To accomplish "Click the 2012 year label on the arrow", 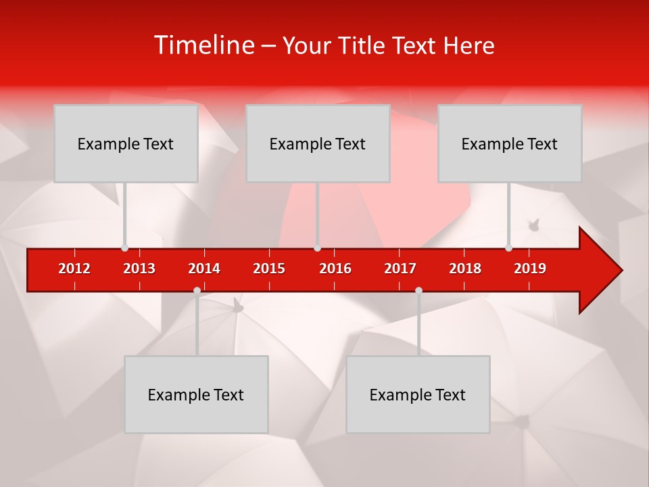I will pyautogui.click(x=74, y=269).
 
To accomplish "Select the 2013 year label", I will pyautogui.click(x=139, y=269).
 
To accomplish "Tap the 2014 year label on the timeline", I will pyautogui.click(x=204, y=269).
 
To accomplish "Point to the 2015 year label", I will pyautogui.click(x=269, y=269).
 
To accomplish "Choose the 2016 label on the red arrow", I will pyautogui.click(x=335, y=269).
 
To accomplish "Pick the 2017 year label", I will pyautogui.click(x=400, y=269).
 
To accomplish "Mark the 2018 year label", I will pyautogui.click(x=465, y=269).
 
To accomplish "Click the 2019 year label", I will pyautogui.click(x=530, y=269).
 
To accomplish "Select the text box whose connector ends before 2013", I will pyautogui.click(x=126, y=143).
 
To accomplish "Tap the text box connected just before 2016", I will pyautogui.click(x=318, y=143).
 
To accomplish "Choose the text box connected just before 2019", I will pyautogui.click(x=510, y=143).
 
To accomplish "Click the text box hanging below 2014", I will pyautogui.click(x=196, y=394).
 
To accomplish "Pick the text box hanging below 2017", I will pyautogui.click(x=418, y=394).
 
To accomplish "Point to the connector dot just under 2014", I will pyautogui.click(x=197, y=290).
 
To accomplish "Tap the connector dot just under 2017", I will pyautogui.click(x=418, y=290).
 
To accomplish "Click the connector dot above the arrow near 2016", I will pyautogui.click(x=317, y=248).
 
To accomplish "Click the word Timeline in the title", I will pyautogui.click(x=203, y=45).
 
